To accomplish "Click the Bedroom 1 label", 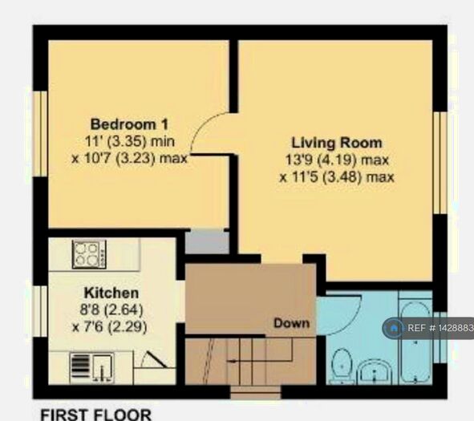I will click(128, 124).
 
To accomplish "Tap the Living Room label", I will click(338, 144).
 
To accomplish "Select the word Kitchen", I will click(111, 293).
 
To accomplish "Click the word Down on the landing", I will click(291, 323).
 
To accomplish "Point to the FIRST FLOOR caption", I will click(95, 414).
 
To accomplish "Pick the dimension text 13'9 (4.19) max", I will click(337, 160).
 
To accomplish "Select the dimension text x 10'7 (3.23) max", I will click(129, 158).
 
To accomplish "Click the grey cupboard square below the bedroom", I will click(207, 242).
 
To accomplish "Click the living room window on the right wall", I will click(440, 163).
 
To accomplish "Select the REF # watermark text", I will click(440, 329).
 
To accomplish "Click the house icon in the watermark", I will click(394, 328).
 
